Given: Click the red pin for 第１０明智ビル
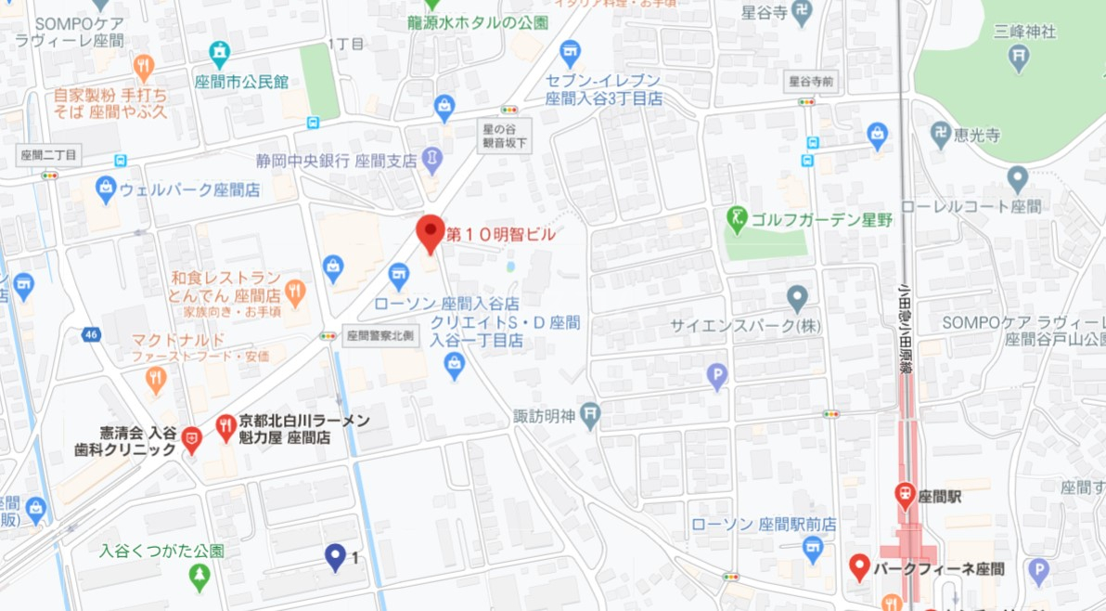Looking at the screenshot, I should [430, 232].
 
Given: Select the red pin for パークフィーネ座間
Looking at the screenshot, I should [859, 565].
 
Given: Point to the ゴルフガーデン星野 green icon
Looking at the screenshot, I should [737, 219].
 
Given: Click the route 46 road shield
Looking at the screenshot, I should [90, 334].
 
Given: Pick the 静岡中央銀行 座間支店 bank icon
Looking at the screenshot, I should [431, 160].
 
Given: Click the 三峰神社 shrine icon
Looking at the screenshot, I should [1019, 57].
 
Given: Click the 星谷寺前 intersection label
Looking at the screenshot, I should [810, 81].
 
